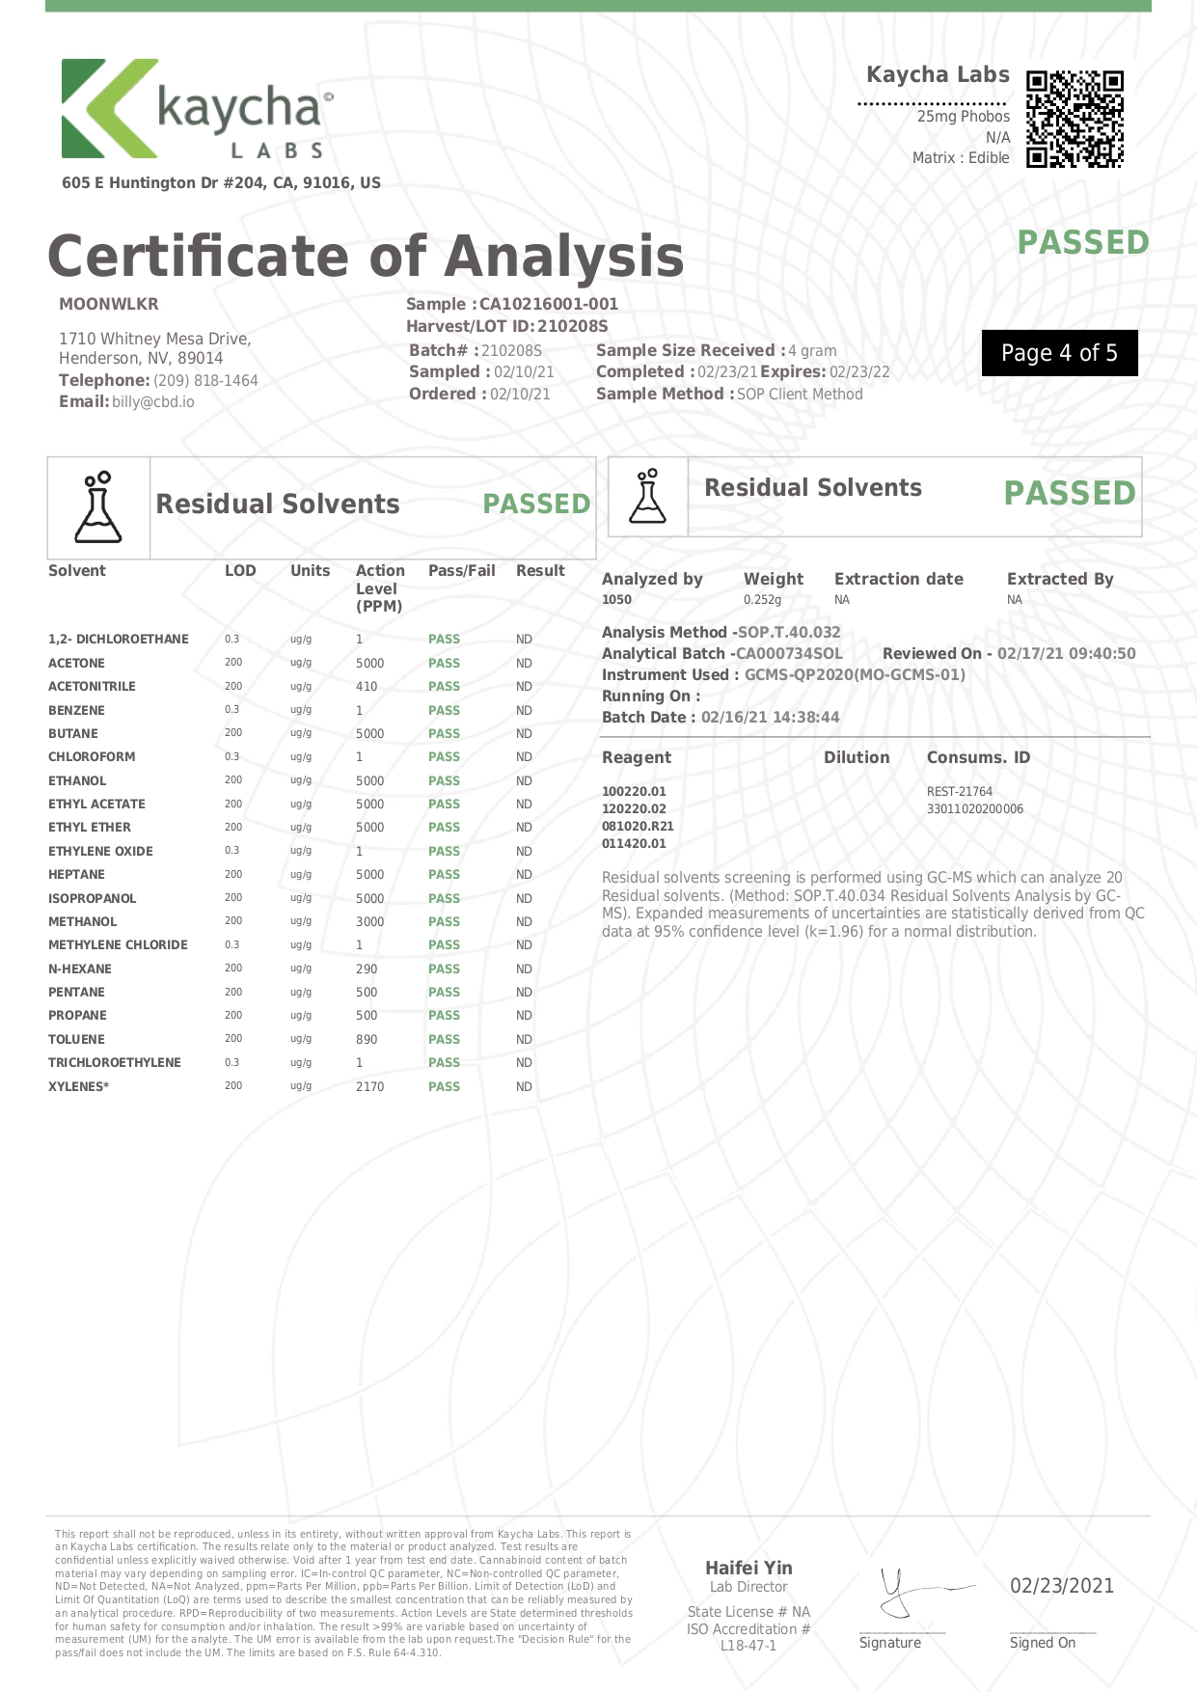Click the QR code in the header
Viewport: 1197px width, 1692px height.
coord(1075,119)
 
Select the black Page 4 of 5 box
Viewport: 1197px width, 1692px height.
coord(1059,353)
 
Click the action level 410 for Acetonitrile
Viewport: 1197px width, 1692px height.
coord(367,687)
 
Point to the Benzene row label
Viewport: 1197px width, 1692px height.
coord(76,710)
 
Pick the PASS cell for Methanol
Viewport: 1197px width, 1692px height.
coord(444,922)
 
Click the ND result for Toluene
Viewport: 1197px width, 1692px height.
coord(524,1040)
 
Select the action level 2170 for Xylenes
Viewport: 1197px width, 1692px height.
coord(369,1087)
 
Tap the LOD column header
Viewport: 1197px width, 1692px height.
coord(240,571)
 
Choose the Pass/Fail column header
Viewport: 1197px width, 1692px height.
coord(461,571)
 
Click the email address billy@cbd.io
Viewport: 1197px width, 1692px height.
coord(152,402)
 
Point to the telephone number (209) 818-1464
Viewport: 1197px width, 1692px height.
coord(205,381)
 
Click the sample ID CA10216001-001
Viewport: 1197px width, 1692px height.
coord(548,304)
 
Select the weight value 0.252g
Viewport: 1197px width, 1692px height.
coord(762,600)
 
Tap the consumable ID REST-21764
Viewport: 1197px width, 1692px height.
coord(959,792)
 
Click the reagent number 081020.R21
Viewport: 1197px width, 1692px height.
coord(638,827)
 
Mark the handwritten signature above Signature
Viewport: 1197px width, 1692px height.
coord(911,1592)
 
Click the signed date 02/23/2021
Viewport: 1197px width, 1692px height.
coord(1061,1586)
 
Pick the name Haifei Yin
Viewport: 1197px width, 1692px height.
coord(748,1569)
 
